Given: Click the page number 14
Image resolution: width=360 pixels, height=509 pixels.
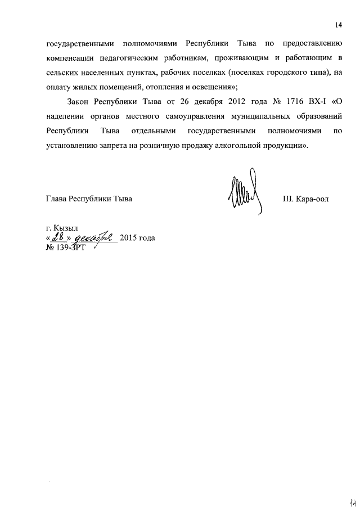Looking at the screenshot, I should click(339, 25).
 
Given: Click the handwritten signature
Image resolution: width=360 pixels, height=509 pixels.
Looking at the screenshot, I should click(244, 192).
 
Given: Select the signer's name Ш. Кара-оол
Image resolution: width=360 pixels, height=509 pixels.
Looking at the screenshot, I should click(304, 200).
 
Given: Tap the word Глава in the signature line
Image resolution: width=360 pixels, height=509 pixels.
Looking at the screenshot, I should click(56, 200).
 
